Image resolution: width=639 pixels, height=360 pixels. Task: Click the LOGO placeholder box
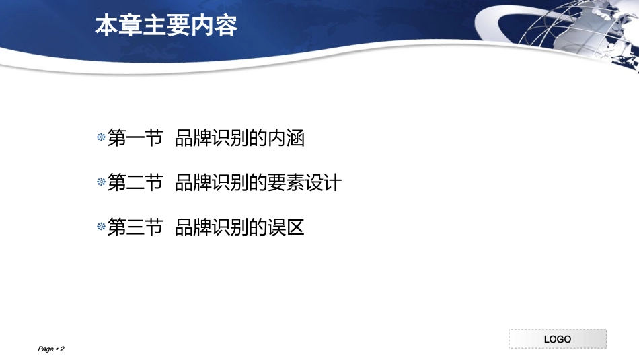pyautogui.click(x=557, y=338)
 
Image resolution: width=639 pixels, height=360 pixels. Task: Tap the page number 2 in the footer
pyautogui.click(x=62, y=349)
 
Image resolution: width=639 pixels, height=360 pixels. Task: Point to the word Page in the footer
pyautogui.click(x=46, y=349)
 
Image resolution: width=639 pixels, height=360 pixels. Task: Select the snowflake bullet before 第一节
pyautogui.click(x=102, y=138)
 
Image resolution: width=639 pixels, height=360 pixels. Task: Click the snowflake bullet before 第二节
pyautogui.click(x=102, y=182)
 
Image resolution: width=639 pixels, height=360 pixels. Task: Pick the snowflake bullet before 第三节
pyautogui.click(x=102, y=227)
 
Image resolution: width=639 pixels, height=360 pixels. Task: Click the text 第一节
pyautogui.click(x=135, y=139)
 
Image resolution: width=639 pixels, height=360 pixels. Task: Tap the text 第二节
pyautogui.click(x=135, y=183)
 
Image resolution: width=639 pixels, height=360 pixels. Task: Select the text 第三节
pyautogui.click(x=135, y=228)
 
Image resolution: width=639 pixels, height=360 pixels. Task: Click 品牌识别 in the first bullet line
pyautogui.click(x=208, y=139)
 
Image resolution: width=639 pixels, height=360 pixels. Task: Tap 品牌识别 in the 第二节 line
pyautogui.click(x=208, y=183)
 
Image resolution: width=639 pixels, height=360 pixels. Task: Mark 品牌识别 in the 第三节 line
pyautogui.click(x=208, y=228)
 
